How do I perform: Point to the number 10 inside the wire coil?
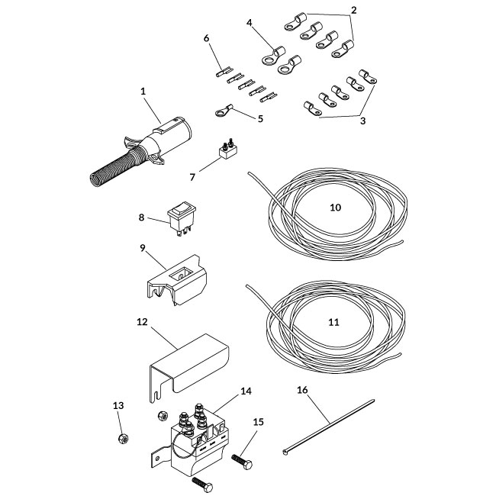pyautogui.click(x=335, y=208)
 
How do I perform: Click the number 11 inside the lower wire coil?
pyautogui.click(x=333, y=322)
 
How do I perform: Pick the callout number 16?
pyautogui.click(x=302, y=389)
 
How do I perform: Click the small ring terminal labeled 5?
pyautogui.click(x=223, y=113)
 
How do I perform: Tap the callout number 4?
pyautogui.click(x=249, y=24)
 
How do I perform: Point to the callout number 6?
pyautogui.click(x=206, y=37)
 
